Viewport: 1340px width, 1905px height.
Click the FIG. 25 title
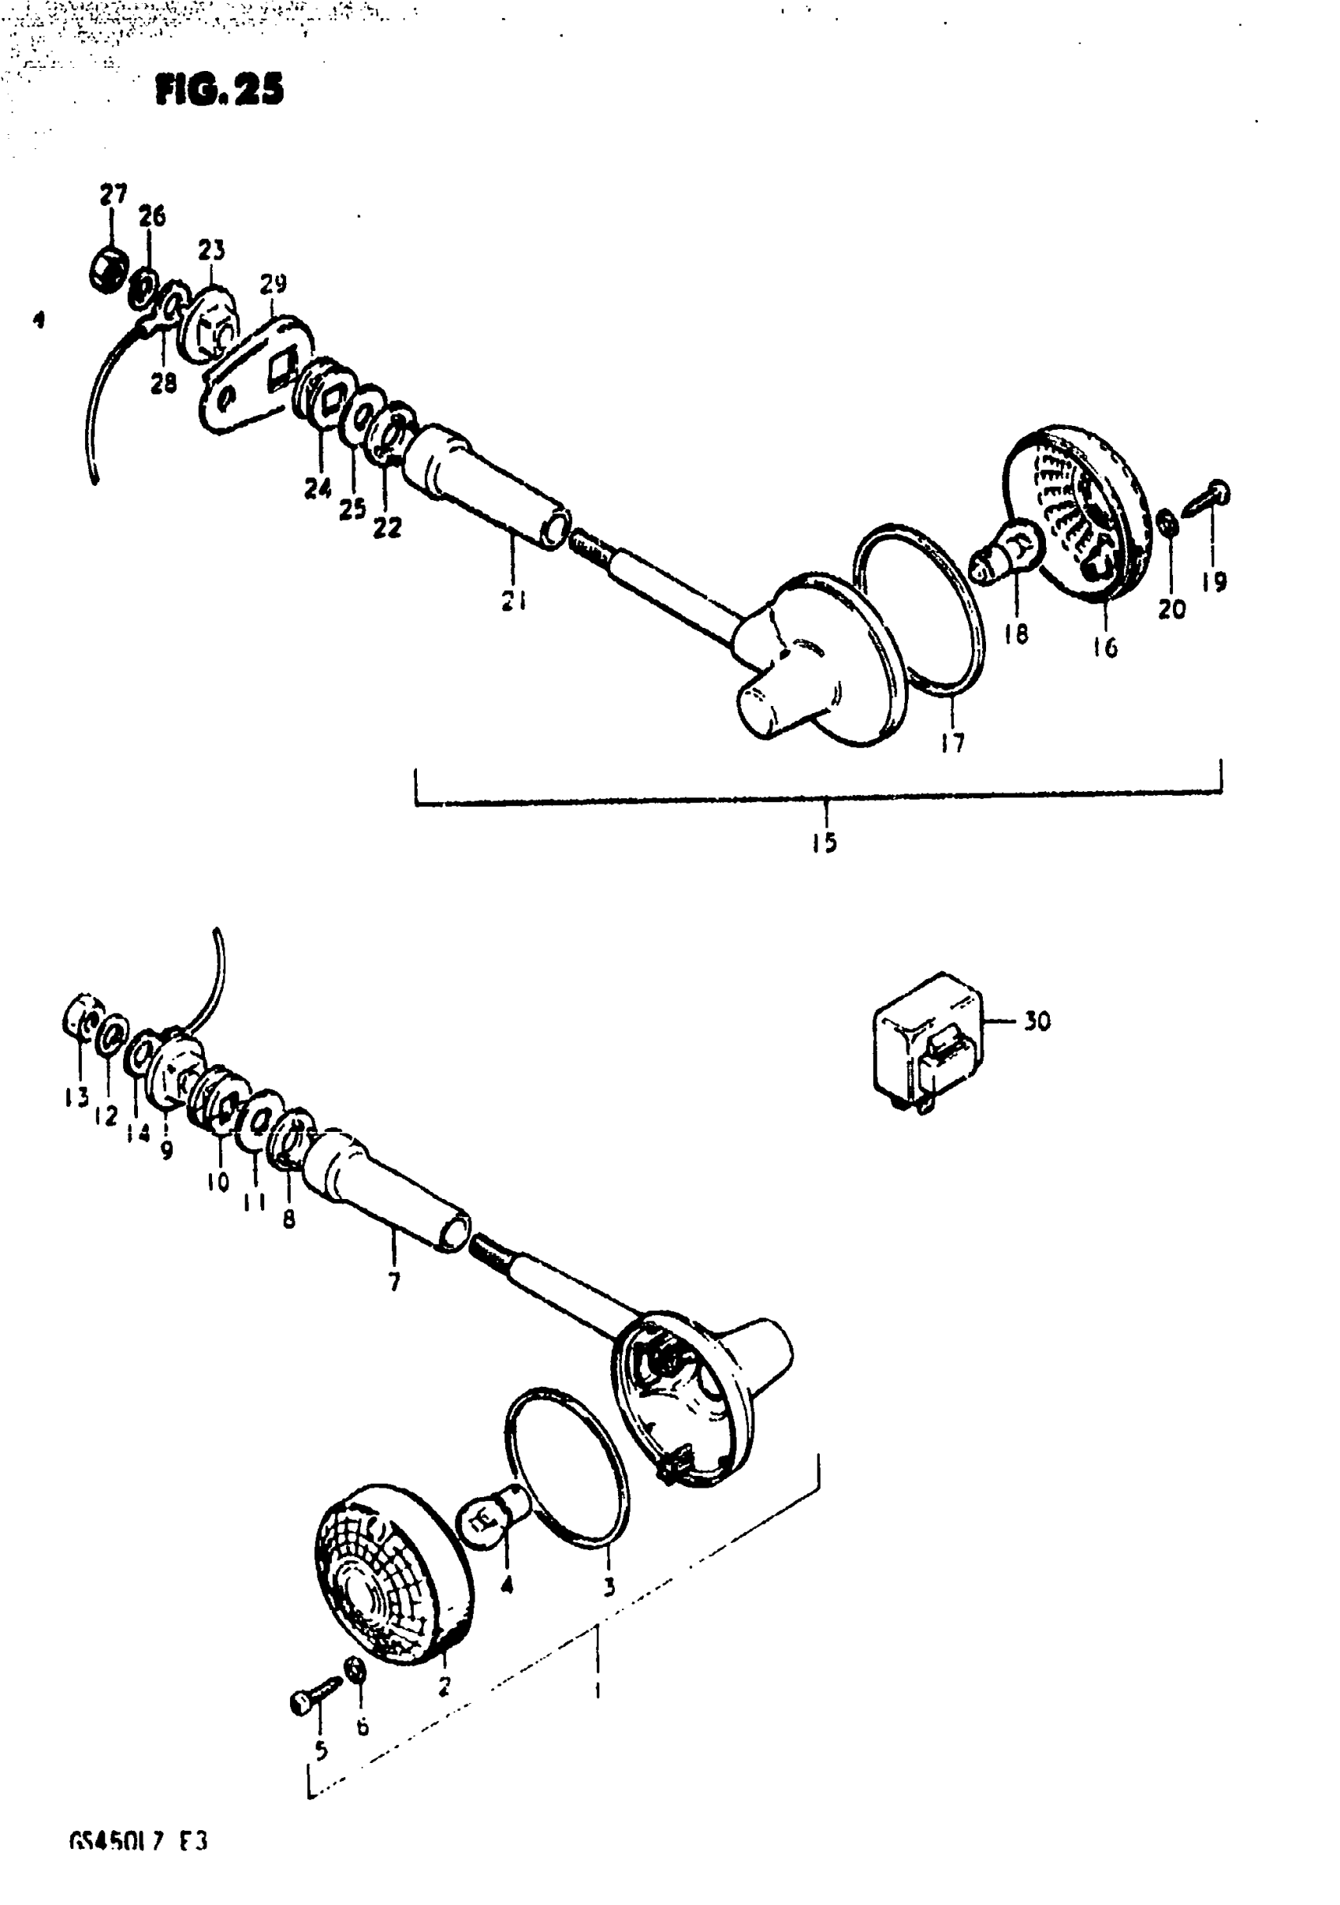click(x=219, y=90)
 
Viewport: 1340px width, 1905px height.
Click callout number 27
click(x=113, y=195)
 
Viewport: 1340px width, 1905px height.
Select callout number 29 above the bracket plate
click(x=273, y=285)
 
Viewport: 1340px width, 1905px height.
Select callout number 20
click(x=1171, y=610)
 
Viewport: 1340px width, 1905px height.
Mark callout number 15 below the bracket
click(x=825, y=843)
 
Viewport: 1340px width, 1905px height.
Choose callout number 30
click(x=1037, y=1021)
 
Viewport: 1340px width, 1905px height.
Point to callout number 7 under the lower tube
click(x=394, y=1283)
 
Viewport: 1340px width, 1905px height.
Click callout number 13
click(x=76, y=1098)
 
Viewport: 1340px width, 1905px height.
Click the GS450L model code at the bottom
click(x=138, y=1866)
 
